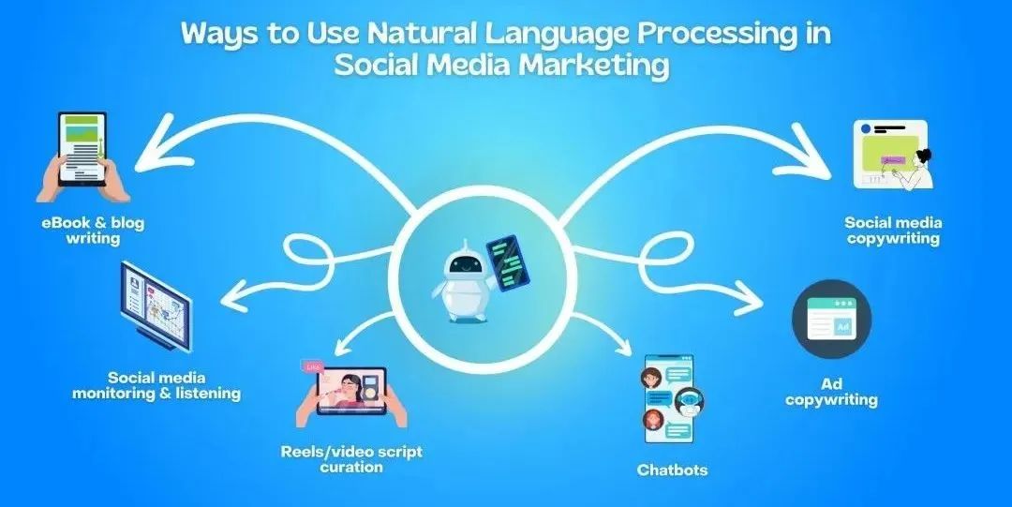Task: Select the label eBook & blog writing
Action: [93, 231]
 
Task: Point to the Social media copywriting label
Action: [893, 231]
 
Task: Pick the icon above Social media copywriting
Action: [893, 155]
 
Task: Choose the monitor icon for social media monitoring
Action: [156, 306]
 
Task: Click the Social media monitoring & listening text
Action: [156, 385]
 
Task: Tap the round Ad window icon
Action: [831, 319]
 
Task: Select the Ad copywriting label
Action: [831, 392]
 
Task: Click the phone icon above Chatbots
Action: [670, 398]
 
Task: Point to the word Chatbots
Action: [672, 470]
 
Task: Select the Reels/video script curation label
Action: [351, 458]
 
